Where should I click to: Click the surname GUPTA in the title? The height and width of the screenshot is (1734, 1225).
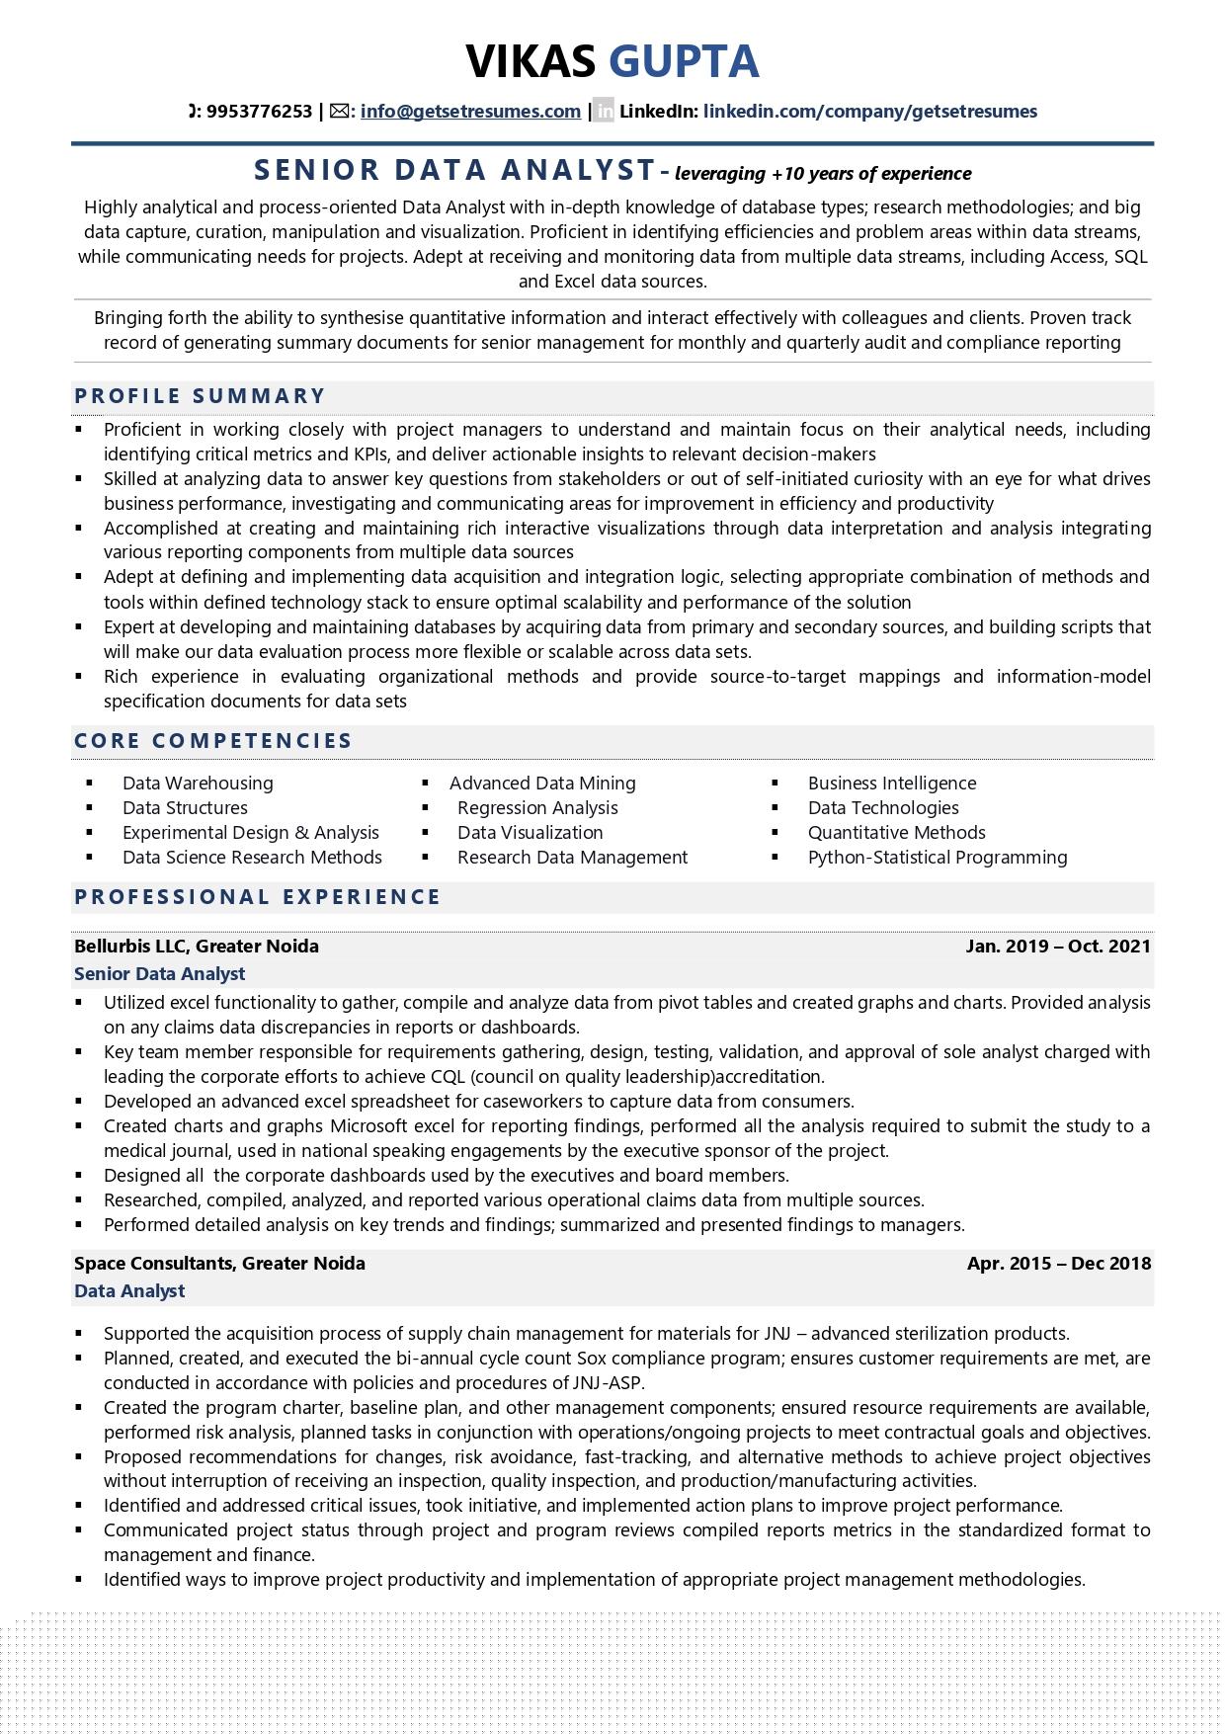click(684, 61)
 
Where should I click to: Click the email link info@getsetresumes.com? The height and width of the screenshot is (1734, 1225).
click(470, 112)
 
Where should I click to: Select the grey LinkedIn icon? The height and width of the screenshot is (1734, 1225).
click(604, 112)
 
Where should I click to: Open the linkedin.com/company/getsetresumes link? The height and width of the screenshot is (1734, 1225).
click(869, 112)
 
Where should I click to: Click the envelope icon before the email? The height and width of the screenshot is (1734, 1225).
click(340, 112)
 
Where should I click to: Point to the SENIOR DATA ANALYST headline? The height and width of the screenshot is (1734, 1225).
click(455, 171)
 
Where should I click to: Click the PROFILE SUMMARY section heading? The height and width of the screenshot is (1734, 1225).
click(200, 396)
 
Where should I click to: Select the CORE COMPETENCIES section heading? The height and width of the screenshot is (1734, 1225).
click(213, 741)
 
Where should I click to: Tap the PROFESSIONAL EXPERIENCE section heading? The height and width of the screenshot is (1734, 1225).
click(258, 897)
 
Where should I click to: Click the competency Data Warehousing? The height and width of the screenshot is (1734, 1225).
click(198, 784)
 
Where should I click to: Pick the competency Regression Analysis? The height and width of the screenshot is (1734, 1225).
click(537, 808)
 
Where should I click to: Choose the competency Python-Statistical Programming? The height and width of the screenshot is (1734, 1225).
click(937, 858)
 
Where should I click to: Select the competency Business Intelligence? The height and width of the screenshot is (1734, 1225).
click(891, 784)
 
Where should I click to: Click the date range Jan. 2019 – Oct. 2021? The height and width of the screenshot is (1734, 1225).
click(1058, 947)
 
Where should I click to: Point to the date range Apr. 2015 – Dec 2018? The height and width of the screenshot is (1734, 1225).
click(1058, 1264)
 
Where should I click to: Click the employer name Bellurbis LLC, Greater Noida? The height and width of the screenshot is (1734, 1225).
click(197, 947)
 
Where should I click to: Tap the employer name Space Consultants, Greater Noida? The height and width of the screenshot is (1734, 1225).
click(219, 1264)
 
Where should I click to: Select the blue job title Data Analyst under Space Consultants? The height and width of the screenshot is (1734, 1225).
click(129, 1291)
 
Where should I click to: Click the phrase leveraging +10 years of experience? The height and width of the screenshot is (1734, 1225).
click(823, 174)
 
